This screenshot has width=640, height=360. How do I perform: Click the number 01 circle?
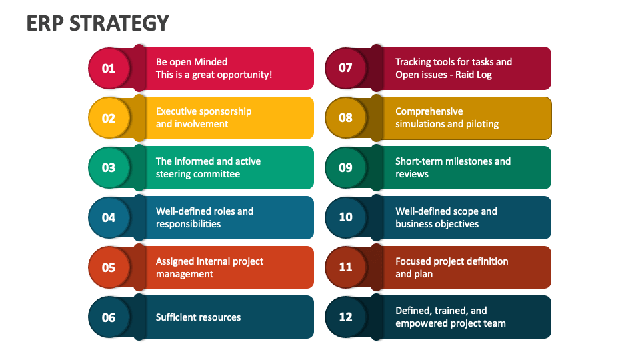click(109, 68)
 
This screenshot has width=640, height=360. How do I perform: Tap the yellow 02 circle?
click(109, 118)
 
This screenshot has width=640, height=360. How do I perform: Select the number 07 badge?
click(345, 68)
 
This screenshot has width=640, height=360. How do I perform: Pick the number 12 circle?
click(345, 317)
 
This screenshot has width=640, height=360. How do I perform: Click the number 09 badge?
click(345, 167)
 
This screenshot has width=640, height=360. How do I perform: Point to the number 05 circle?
click(109, 267)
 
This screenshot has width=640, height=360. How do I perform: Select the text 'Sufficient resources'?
click(198, 317)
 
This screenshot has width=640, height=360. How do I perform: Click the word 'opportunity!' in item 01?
click(245, 75)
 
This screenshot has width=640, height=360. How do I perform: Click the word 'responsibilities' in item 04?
click(188, 224)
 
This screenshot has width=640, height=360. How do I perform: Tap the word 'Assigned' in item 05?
click(175, 261)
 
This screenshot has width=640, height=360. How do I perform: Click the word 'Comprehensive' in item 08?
click(429, 111)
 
